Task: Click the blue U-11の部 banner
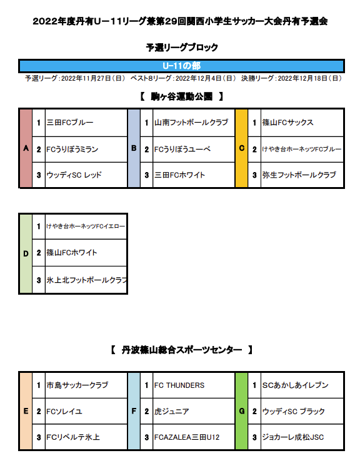coord(181,66)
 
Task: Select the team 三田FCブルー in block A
coord(70,123)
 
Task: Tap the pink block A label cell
coord(26,148)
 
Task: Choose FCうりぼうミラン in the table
coord(72,150)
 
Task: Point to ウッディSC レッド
coord(74,175)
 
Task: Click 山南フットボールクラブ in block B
coord(191,123)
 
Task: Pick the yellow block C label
coord(242,148)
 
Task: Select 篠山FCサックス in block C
coord(288,123)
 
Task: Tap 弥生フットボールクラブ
coord(299,175)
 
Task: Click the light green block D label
coord(26,253)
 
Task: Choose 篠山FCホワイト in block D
coord(72,253)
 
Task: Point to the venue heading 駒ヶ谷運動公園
coord(182,96)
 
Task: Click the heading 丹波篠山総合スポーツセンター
coord(182,350)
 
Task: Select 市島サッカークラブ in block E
coord(77,385)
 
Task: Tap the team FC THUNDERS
coord(179,385)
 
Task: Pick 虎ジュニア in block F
coord(172,411)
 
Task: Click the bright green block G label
coord(242,411)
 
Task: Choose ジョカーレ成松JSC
coord(293,437)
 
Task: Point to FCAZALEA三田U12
coord(187,437)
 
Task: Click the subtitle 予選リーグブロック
coord(182,47)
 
